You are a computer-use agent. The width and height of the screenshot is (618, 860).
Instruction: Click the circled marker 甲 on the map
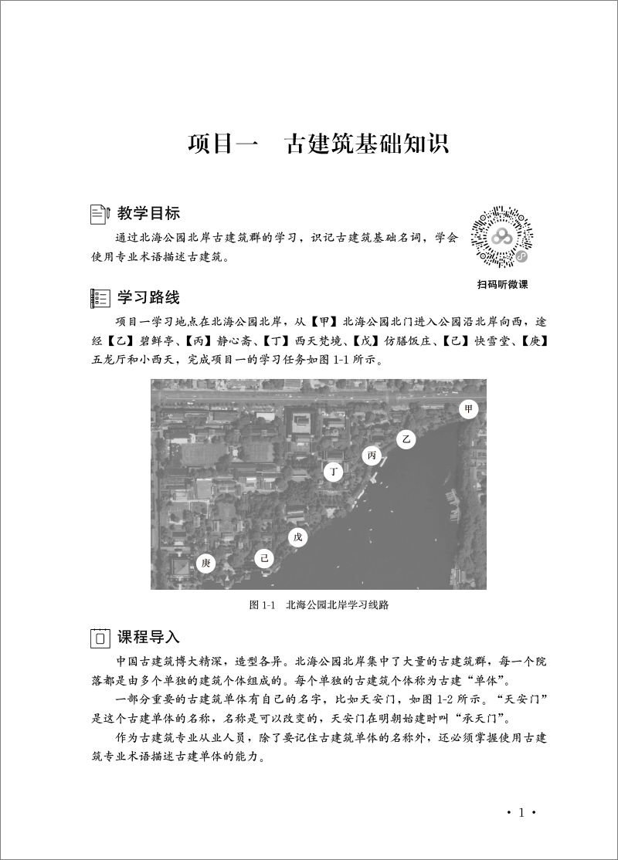click(467, 409)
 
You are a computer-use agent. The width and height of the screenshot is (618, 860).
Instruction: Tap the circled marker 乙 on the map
click(406, 438)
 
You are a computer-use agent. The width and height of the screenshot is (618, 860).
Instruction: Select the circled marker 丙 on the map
click(372, 456)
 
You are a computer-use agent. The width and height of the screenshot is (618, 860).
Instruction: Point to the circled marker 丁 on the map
click(334, 472)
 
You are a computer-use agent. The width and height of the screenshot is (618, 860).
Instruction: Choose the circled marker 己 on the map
click(264, 557)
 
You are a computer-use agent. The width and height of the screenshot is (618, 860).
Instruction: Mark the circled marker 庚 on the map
click(205, 564)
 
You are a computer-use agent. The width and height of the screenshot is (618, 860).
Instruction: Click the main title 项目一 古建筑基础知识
click(318, 145)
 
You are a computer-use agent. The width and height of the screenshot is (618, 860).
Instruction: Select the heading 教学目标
click(149, 213)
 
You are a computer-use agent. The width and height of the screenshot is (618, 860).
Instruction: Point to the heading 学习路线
click(149, 297)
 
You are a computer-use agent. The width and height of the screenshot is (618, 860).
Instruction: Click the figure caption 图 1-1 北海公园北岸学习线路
click(318, 605)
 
